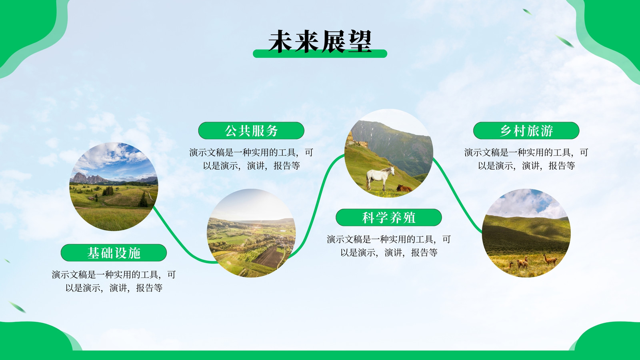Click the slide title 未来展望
point(320,42)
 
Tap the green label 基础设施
point(114,252)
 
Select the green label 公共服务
point(251,130)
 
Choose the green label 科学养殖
point(388,218)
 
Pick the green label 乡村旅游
point(526,130)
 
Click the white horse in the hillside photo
point(380,178)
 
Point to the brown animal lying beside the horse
point(404,188)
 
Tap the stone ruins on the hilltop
point(357,140)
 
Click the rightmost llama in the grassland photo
point(550,260)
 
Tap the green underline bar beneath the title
point(320,54)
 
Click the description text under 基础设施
point(114,281)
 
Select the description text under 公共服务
point(251,159)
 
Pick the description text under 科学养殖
point(388,246)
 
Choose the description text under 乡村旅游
point(526,159)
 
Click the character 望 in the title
point(360,42)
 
